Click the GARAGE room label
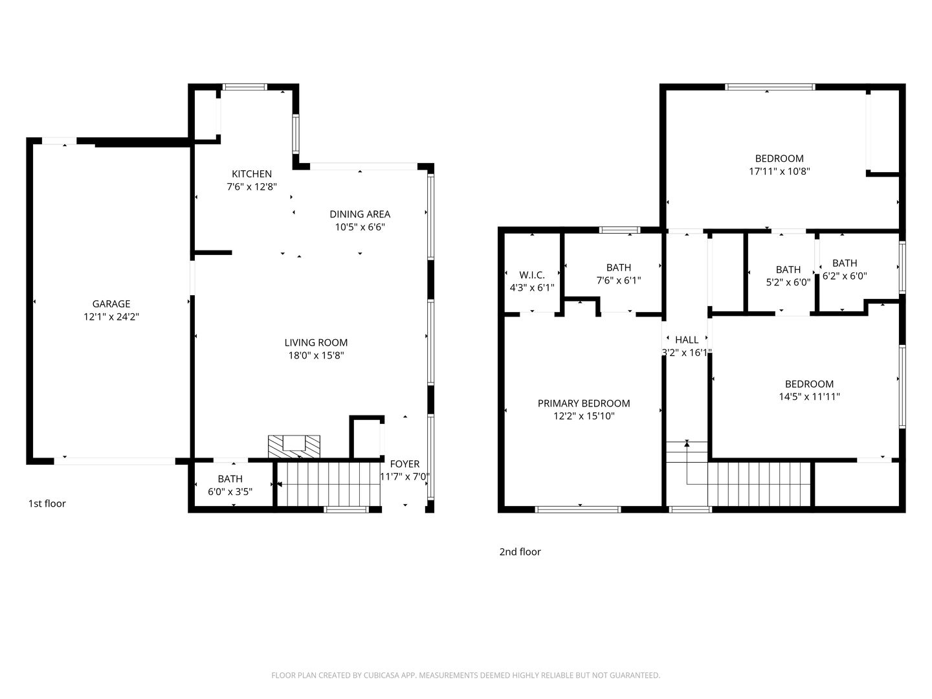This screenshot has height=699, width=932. pyautogui.click(x=111, y=304)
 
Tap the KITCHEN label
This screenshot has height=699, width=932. pyautogui.click(x=252, y=173)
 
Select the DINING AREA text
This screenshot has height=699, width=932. pyautogui.click(x=360, y=214)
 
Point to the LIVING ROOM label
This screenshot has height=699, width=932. pyautogui.click(x=316, y=342)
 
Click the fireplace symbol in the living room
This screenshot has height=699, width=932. pyautogui.click(x=294, y=445)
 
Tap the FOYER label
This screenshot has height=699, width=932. pyautogui.click(x=405, y=463)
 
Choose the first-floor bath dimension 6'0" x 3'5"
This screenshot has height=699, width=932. pyautogui.click(x=230, y=491)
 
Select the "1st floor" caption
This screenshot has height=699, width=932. pyautogui.click(x=47, y=504)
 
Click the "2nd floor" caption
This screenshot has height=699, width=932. pyautogui.click(x=520, y=552)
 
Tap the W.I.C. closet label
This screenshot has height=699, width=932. pyautogui.click(x=532, y=275)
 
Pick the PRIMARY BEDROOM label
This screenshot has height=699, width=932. pyautogui.click(x=584, y=403)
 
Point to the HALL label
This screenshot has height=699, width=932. pyautogui.click(x=687, y=340)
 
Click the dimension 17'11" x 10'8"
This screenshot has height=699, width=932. pyautogui.click(x=779, y=172)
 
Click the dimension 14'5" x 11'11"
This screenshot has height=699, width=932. pyautogui.click(x=809, y=397)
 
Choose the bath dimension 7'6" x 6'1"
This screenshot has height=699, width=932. pyautogui.click(x=619, y=280)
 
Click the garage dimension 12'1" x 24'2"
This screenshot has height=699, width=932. pyautogui.click(x=111, y=316)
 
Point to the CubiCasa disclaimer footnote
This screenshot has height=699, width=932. pyautogui.click(x=465, y=675)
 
